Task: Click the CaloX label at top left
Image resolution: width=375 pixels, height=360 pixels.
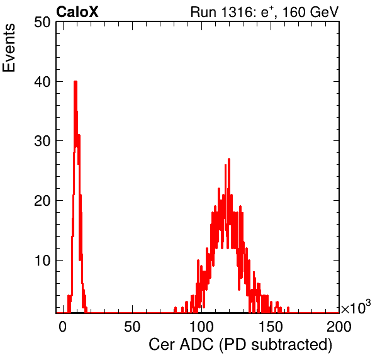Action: point(77,12)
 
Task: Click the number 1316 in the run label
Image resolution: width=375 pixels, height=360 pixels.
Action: point(236,12)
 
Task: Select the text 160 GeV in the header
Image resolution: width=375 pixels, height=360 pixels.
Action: point(310,12)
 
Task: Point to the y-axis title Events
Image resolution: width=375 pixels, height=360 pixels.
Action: point(9,48)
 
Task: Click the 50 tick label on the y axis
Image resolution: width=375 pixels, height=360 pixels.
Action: point(42,23)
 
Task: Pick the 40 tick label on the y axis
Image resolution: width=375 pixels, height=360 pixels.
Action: point(42,82)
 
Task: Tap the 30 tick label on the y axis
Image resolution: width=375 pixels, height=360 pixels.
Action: point(42,142)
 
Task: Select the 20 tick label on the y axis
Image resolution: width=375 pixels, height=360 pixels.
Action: point(42,201)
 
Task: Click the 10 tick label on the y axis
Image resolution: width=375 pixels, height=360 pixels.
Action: point(42,261)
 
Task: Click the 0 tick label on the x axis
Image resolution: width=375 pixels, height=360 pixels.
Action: point(63,327)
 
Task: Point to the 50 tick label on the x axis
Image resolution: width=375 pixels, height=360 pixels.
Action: point(132,327)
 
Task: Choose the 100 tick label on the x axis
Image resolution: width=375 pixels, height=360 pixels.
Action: point(201,327)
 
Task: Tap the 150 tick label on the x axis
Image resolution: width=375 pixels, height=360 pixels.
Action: point(271,327)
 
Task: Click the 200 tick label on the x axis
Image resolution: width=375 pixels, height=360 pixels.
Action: point(339,327)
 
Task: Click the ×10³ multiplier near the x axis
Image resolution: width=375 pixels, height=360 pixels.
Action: point(356,307)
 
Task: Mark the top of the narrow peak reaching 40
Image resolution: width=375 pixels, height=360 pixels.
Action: point(76,82)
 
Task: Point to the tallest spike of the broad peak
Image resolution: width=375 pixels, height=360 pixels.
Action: point(229,159)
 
